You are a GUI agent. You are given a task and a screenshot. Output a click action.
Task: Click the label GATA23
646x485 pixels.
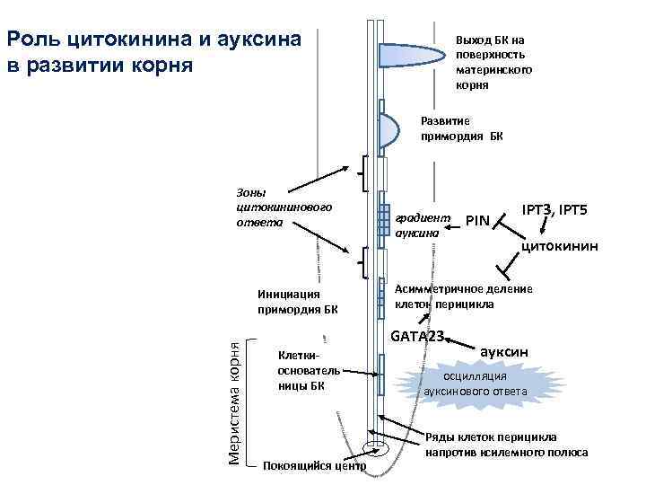pyautogui.click(x=417, y=336)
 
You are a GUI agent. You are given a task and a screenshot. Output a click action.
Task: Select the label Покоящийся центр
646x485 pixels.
pyautogui.click(x=314, y=466)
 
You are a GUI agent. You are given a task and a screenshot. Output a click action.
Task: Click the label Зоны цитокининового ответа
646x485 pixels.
pyautogui.click(x=279, y=207)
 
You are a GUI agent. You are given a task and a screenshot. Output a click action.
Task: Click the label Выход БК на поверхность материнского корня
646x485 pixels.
pyautogui.click(x=493, y=63)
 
